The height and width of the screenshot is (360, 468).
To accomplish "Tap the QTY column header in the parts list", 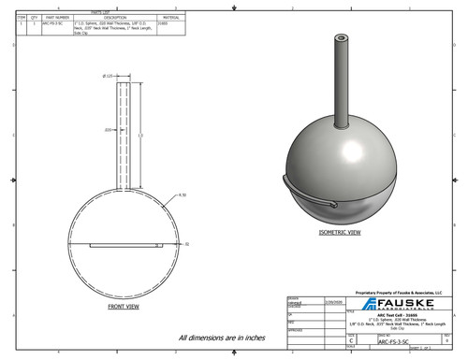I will (x=34, y=17).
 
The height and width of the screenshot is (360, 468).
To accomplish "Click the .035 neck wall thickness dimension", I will (x=108, y=130).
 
